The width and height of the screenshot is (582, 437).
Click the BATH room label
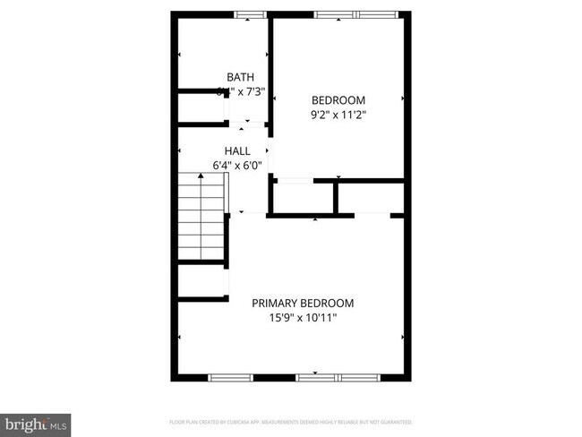tap(240, 77)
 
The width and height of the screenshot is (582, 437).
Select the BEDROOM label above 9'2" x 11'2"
tap(338, 99)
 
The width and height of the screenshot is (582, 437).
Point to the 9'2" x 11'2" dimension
tap(338, 115)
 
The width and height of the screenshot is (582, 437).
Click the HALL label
tap(237, 150)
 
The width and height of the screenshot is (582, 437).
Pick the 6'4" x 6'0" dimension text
tap(237, 165)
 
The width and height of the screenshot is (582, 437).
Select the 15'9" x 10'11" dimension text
tap(304, 318)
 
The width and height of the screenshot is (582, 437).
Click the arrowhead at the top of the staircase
tap(201, 176)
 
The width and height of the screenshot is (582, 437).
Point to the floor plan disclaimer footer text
tap(291, 421)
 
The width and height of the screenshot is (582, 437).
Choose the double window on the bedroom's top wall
tap(355, 13)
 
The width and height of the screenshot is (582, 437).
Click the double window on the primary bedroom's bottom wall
tap(338, 377)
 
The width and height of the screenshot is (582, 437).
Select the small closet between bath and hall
tap(200, 107)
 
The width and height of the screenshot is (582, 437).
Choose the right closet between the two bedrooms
tap(371, 198)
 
